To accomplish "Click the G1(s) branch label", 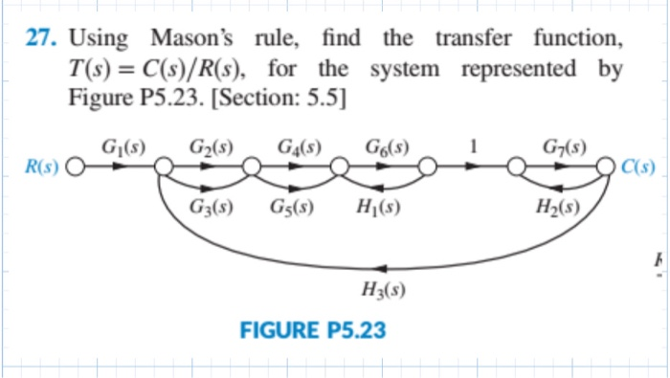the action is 123,147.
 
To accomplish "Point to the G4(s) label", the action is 300,147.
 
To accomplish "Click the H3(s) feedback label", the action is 382,292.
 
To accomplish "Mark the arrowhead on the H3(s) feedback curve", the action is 383,268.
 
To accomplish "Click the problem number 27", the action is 41,41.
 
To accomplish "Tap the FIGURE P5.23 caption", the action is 314,331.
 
